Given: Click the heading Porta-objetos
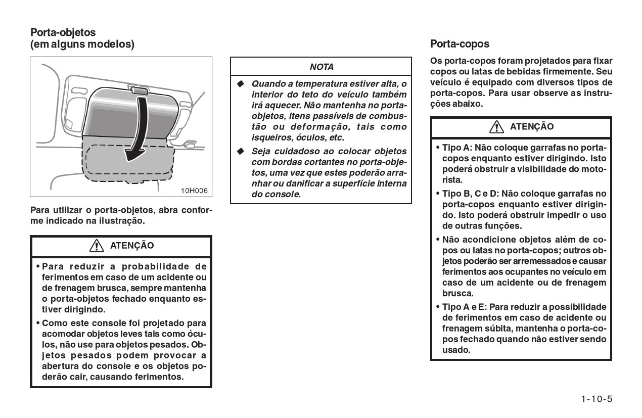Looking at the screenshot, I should click(x=63, y=32).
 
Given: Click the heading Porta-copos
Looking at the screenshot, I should click(x=460, y=44).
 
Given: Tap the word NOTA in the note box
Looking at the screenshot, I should click(x=322, y=67).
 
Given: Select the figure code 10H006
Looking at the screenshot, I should click(x=195, y=190).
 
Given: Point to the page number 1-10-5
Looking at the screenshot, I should click(x=597, y=399).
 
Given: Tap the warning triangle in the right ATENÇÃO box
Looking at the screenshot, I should click(x=498, y=127).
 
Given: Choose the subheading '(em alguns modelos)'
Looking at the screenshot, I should click(x=82, y=44).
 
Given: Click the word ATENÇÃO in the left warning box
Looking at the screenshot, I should click(x=132, y=246).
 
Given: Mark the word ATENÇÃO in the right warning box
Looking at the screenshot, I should click(x=532, y=127).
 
